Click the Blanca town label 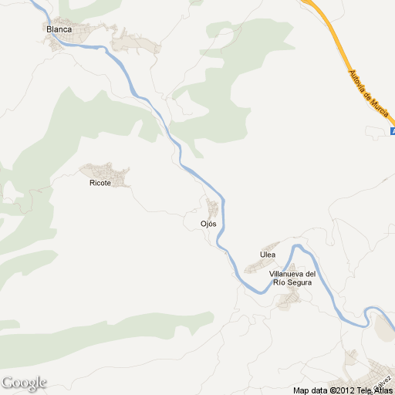pyautogui.click(x=59, y=29)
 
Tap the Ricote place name pyautogui.click(x=100, y=184)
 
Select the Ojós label pyautogui.click(x=208, y=224)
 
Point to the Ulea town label pyautogui.click(x=268, y=255)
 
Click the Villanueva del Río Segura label pyautogui.click(x=292, y=279)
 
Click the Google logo pyautogui.click(x=24, y=383)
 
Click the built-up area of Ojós pyautogui.click(x=211, y=208)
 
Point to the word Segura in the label pyautogui.click(x=299, y=283)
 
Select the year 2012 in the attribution pyautogui.click(x=343, y=390)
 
